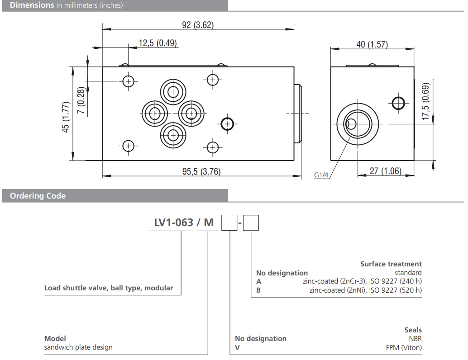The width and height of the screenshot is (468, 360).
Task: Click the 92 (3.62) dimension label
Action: (x=197, y=25)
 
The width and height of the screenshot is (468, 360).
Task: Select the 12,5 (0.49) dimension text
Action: (x=158, y=43)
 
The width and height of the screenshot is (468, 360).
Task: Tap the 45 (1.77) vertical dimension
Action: (x=66, y=117)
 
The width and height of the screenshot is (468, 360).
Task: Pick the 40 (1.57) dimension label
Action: (x=372, y=44)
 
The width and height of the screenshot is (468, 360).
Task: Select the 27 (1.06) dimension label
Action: (x=386, y=171)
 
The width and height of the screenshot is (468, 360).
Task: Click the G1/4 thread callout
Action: (x=321, y=175)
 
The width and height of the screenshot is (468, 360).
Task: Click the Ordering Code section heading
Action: (x=38, y=196)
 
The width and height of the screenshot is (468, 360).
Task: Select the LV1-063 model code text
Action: (x=170, y=223)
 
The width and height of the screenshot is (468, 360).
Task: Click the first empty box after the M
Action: (x=229, y=223)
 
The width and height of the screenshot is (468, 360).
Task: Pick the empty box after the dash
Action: (x=251, y=223)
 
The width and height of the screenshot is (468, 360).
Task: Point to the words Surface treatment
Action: (x=391, y=264)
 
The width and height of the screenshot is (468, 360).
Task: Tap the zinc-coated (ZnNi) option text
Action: (x=365, y=290)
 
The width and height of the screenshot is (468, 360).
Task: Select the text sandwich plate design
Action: (x=78, y=347)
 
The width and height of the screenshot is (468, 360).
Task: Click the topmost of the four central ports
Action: (x=173, y=92)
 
